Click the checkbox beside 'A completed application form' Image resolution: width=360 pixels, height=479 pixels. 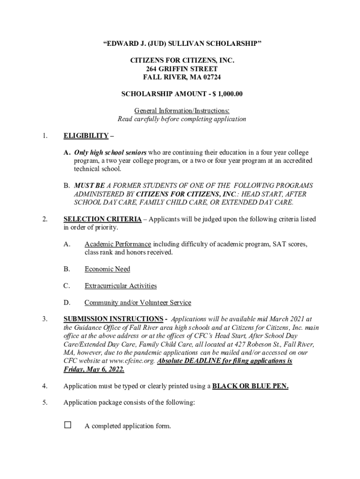tap(68, 425)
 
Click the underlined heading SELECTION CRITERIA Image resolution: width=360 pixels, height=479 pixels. tap(102, 219)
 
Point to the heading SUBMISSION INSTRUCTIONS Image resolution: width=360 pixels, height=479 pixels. tap(113, 319)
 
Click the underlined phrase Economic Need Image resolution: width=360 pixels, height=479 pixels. tap(107, 269)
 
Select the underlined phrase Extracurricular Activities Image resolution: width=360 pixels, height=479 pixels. tap(121, 286)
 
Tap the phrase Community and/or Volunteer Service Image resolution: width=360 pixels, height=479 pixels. tap(137, 303)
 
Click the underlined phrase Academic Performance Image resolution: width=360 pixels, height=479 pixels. tap(118, 244)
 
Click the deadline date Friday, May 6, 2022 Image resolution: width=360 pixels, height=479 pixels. tap(94, 370)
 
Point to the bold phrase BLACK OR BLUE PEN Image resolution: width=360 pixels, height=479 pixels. tap(250, 386)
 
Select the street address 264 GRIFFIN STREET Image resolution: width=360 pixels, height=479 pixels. tap(182, 69)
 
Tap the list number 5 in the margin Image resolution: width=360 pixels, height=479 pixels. tap(44, 403)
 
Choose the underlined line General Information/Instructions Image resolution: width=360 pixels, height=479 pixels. tap(182, 111)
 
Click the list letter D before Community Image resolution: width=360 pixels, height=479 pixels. tap(66, 303)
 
